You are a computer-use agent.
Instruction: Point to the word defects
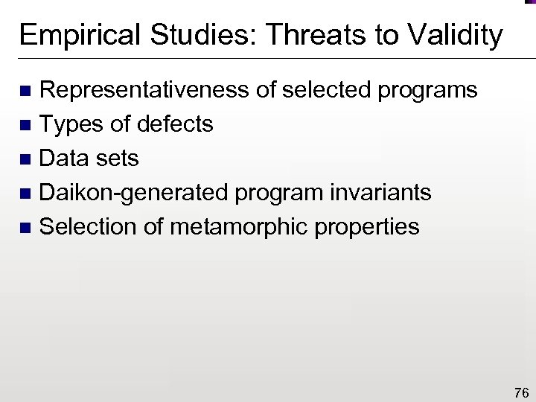[177, 124]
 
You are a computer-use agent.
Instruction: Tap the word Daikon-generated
[134, 193]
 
